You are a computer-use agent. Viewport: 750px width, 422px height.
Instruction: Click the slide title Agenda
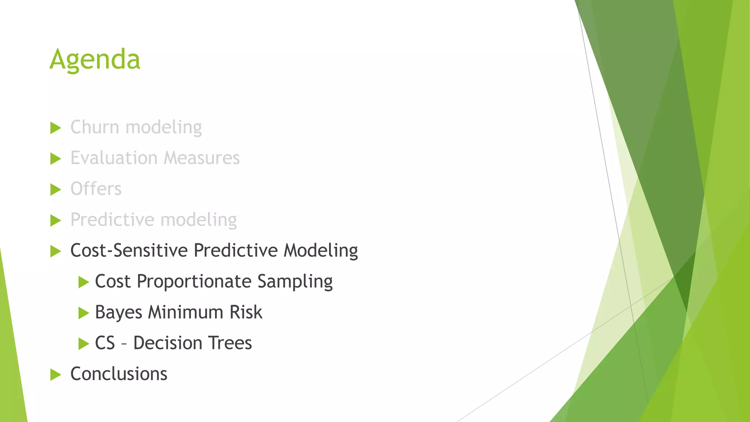coord(95,59)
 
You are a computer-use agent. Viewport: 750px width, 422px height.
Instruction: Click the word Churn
coord(94,127)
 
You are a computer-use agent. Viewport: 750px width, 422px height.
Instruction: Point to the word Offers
coord(96,189)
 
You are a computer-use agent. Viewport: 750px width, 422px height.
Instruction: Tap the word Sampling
coord(295,282)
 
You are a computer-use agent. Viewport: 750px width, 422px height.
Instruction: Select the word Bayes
coord(118,313)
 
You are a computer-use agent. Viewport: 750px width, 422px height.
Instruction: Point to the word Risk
coord(246,312)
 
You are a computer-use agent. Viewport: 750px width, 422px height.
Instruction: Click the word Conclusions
coord(119,374)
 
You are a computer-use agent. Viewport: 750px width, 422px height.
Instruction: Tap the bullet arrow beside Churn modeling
coord(55,128)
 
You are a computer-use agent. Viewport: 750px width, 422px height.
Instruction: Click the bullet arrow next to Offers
coord(55,190)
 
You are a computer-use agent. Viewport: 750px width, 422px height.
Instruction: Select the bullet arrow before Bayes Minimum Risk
coord(83,313)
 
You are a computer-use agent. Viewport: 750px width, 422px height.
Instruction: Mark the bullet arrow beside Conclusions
coord(55,375)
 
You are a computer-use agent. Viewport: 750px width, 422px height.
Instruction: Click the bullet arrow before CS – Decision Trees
coord(83,344)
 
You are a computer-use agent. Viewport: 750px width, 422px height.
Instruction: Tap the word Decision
coord(168,343)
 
